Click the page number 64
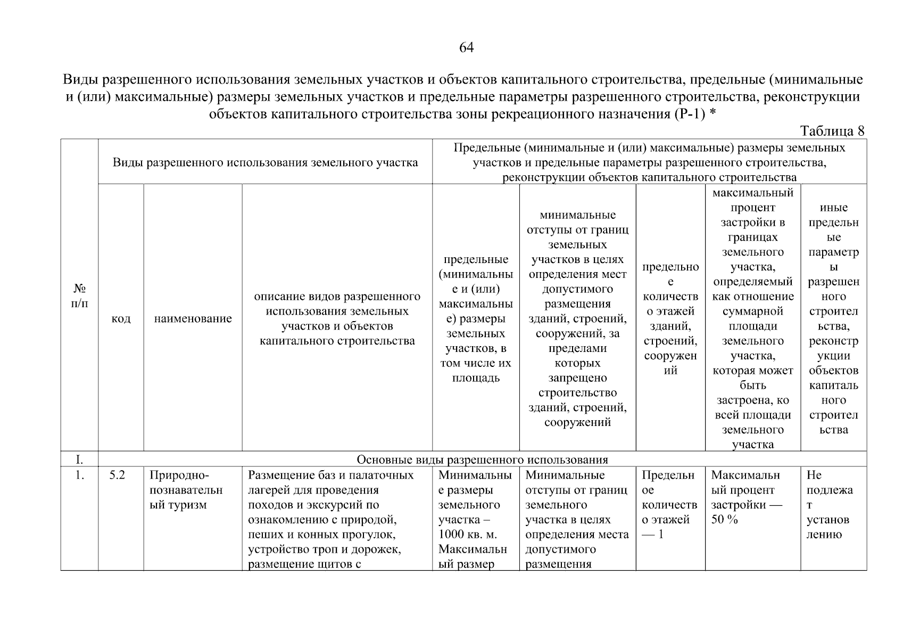466,48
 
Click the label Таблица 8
832,131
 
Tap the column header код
121,318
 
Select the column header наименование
193,318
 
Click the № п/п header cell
79,296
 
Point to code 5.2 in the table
117,475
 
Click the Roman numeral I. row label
79,460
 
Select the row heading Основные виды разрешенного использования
482,460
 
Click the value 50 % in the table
724,520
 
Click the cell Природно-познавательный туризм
186,490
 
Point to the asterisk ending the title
713,114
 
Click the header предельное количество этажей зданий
670,318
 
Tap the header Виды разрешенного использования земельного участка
265,162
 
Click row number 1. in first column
79,475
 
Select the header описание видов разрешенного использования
337,318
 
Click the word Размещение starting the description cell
275,475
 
